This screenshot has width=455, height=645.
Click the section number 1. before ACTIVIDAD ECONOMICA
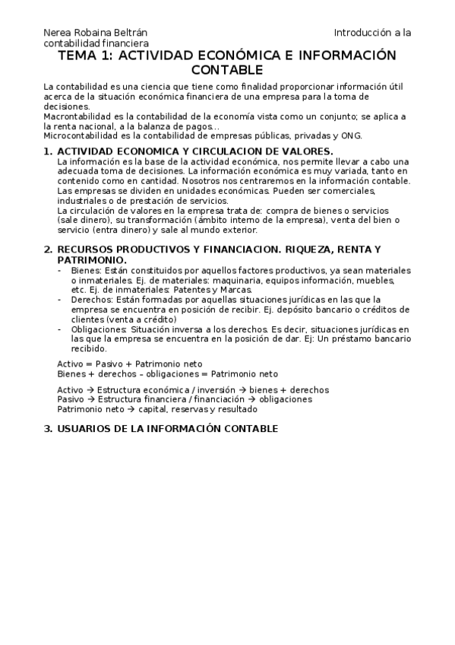pyautogui.click(x=48, y=151)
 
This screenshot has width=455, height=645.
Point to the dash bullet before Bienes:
pyautogui.click(x=61, y=270)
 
